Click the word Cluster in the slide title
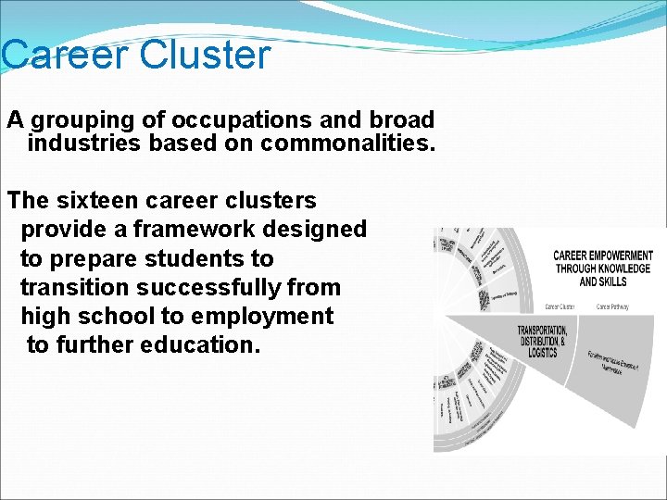[206, 55]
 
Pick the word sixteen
[97, 200]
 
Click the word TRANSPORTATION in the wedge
[543, 331]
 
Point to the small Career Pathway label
[612, 306]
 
